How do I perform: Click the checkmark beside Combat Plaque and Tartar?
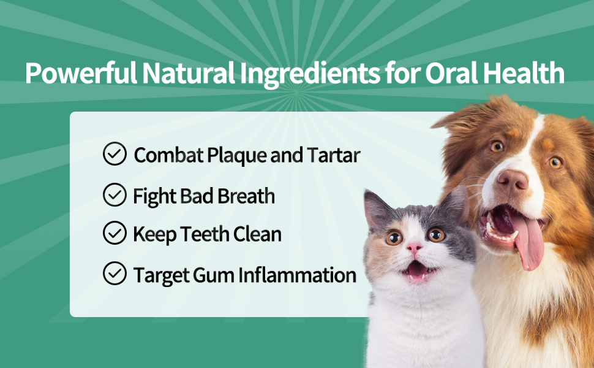coord(115,155)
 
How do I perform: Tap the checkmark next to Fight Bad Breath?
coord(115,196)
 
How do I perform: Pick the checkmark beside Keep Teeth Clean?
coord(115,233)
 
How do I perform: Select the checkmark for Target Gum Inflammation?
coord(115,274)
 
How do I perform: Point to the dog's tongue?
coord(530,243)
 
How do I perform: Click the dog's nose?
coord(512,180)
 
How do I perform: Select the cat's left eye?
coord(394,238)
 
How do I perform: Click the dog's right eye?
coord(555,163)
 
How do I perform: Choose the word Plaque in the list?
coord(237,155)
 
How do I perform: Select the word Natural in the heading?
coord(187,74)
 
